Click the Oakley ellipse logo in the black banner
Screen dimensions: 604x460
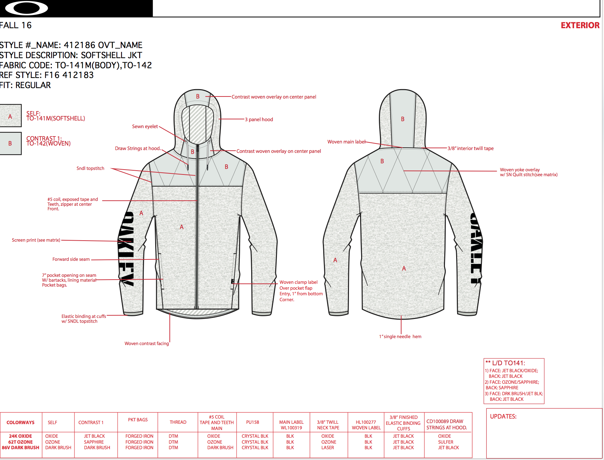tap(26, 8)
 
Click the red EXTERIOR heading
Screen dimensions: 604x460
tap(580, 25)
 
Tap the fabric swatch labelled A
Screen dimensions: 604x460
tap(10, 116)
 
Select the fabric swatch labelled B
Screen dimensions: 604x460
tap(10, 143)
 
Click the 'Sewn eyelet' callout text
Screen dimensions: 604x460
tap(145, 126)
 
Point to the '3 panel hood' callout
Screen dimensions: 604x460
tap(259, 119)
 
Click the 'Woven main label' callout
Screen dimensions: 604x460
tap(346, 142)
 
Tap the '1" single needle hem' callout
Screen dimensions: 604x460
tap(400, 336)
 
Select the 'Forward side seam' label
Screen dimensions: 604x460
tap(71, 259)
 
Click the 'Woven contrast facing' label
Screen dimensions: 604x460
tap(146, 343)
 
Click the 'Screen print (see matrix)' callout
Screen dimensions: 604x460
tap(36, 240)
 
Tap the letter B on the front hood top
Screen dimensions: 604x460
tap(198, 96)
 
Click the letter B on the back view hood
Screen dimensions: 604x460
tap(403, 119)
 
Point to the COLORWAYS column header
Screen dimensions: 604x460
tap(21, 422)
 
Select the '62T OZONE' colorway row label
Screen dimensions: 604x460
tap(21, 442)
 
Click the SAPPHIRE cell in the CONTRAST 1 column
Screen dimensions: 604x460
tap(94, 442)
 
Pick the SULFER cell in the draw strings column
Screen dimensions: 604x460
tap(446, 442)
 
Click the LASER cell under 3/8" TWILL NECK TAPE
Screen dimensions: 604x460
tap(328, 448)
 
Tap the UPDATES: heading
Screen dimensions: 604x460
tap(503, 416)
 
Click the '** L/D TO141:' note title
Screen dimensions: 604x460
tap(505, 363)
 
